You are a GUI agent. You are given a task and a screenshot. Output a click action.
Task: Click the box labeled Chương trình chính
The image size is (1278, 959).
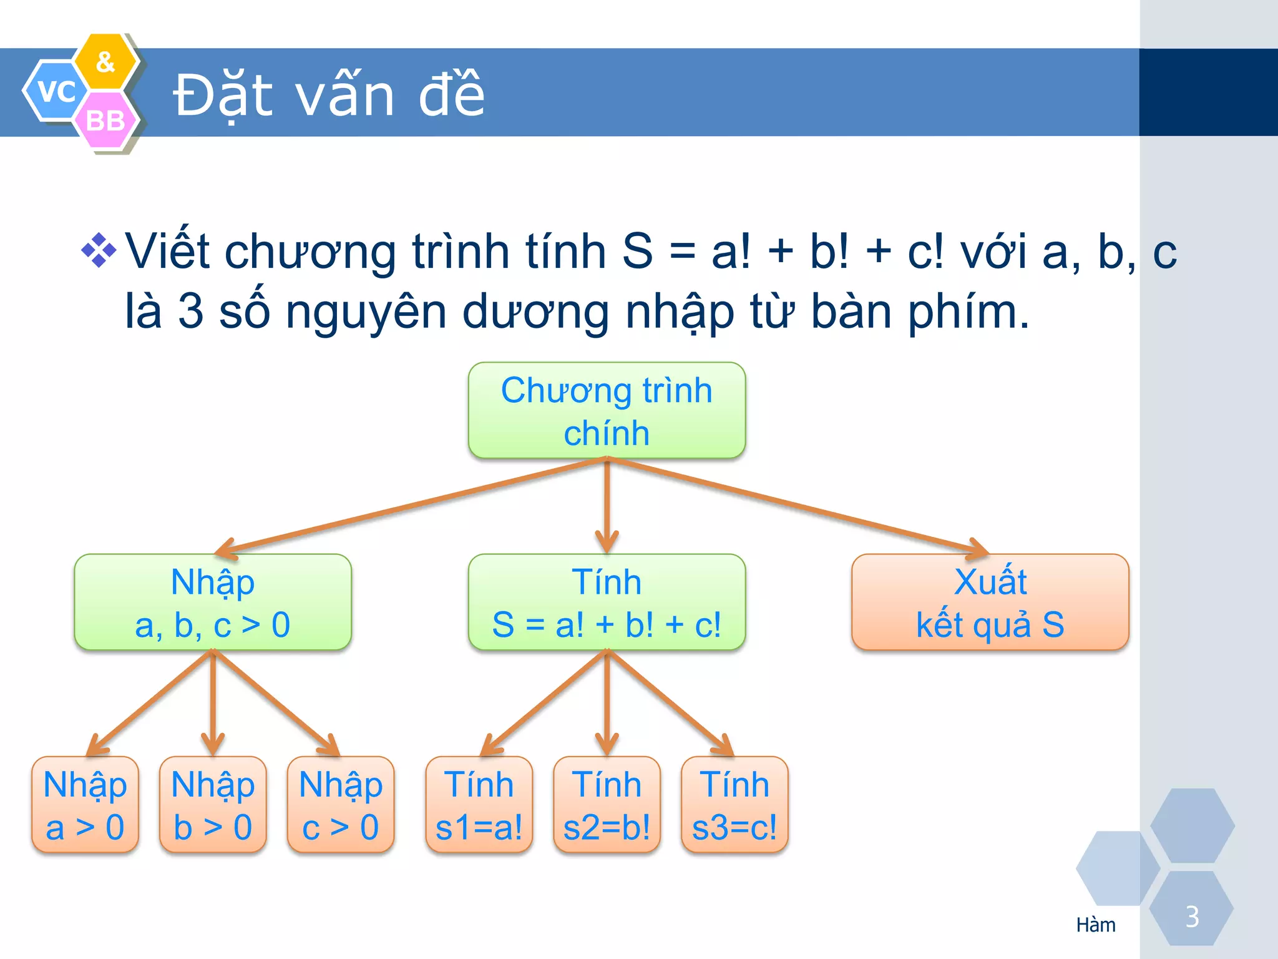pyautogui.click(x=607, y=411)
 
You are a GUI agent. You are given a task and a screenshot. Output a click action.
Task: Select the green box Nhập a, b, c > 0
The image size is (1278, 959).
pyautogui.click(x=213, y=602)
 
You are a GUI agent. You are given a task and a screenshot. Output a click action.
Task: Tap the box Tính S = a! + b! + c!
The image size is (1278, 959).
pyautogui.click(x=607, y=602)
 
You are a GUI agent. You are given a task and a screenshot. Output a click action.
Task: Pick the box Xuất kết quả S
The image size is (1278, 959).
pyautogui.click(x=990, y=602)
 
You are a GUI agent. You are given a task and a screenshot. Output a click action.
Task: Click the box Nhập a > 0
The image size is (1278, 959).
pyautogui.click(x=85, y=805)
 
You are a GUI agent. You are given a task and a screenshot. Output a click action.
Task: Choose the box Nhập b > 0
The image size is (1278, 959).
pyautogui.click(x=213, y=805)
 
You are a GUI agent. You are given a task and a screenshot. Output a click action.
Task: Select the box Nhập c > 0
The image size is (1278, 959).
pyautogui.click(x=341, y=805)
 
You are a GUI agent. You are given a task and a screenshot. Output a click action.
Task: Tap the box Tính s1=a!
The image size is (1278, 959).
pyautogui.click(x=479, y=805)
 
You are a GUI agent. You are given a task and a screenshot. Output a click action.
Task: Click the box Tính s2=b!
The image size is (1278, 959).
pyautogui.click(x=607, y=805)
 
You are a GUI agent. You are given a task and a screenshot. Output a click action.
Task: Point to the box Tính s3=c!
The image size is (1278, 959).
pyautogui.click(x=734, y=805)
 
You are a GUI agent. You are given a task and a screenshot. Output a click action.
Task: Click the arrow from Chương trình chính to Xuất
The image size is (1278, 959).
pyautogui.click(x=799, y=506)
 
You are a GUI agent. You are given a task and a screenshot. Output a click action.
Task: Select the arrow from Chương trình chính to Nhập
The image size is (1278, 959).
pyautogui.click(x=412, y=506)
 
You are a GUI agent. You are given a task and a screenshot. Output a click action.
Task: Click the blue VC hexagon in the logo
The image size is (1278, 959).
pyautogui.click(x=56, y=91)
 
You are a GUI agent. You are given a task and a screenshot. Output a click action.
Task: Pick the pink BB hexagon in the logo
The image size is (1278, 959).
pyautogui.click(x=105, y=120)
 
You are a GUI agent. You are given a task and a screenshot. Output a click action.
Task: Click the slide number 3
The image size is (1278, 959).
pyautogui.click(x=1192, y=917)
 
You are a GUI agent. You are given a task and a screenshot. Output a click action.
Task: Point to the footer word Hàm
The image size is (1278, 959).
pyautogui.click(x=1096, y=925)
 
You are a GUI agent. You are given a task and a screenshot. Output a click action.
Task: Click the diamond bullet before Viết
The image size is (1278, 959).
pyautogui.click(x=99, y=250)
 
